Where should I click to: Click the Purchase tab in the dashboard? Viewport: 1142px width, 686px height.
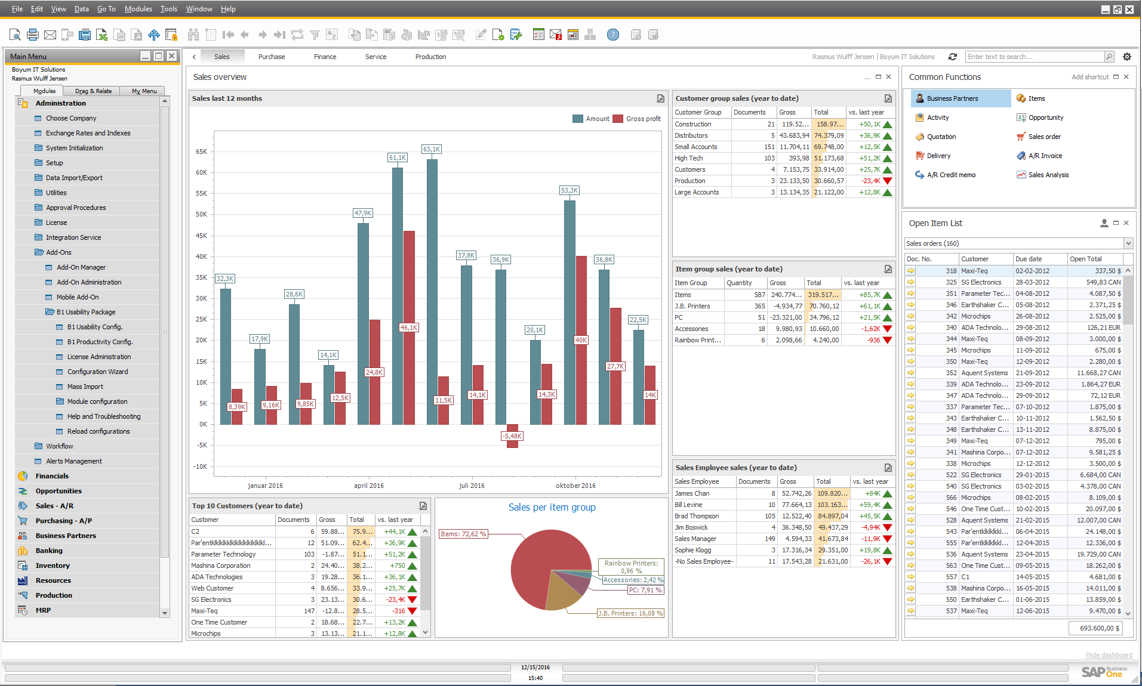pyautogui.click(x=271, y=57)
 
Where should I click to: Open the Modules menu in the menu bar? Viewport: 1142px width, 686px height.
pyautogui.click(x=138, y=9)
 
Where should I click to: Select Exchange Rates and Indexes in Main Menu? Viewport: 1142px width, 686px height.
pyautogui.click(x=88, y=133)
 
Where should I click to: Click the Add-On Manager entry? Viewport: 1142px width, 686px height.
pyautogui.click(x=81, y=267)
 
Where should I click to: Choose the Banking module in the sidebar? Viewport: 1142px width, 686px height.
pyautogui.click(x=49, y=551)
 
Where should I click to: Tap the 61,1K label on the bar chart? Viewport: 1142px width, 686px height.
pyautogui.click(x=397, y=157)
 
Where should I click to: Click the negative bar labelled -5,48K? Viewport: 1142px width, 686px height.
pyautogui.click(x=512, y=436)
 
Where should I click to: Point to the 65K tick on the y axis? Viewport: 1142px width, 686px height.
pyautogui.click(x=201, y=152)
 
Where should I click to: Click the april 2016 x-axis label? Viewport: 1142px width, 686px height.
pyautogui.click(x=368, y=486)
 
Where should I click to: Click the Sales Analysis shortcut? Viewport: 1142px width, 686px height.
pyautogui.click(x=1048, y=175)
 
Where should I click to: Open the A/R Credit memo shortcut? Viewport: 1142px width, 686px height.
pyautogui.click(x=951, y=175)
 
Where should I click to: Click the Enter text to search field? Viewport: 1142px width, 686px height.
pyautogui.click(x=1034, y=57)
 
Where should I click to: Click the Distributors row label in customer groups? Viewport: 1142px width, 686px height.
pyautogui.click(x=691, y=135)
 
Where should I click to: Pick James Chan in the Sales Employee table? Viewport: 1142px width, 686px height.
pyautogui.click(x=692, y=493)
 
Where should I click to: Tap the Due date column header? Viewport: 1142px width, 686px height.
pyautogui.click(x=1029, y=259)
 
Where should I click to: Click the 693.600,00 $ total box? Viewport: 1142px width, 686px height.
pyautogui.click(x=1095, y=628)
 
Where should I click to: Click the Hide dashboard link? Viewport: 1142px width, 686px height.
pyautogui.click(x=1109, y=655)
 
